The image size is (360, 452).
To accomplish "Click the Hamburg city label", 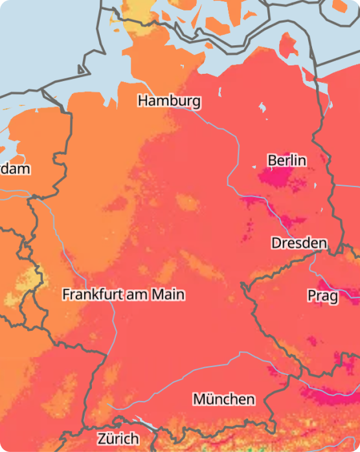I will coord(169,102).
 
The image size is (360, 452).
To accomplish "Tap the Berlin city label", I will coord(287,160).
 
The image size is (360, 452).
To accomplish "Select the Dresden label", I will coord(298,243).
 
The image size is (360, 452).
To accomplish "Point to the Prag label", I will coord(322,296).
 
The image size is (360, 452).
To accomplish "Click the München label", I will coord(223,399).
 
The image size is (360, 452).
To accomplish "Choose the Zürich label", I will coord(118,438).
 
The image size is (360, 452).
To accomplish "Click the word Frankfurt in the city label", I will coord(93,295).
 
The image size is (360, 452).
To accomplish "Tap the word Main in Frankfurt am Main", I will coord(168,295).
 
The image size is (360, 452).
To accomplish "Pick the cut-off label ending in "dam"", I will coord(14,169).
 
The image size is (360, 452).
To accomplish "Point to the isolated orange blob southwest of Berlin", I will coord(188,203).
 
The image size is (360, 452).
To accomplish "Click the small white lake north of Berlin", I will coord(262,106).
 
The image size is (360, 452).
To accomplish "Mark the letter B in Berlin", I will coord(272,160).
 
